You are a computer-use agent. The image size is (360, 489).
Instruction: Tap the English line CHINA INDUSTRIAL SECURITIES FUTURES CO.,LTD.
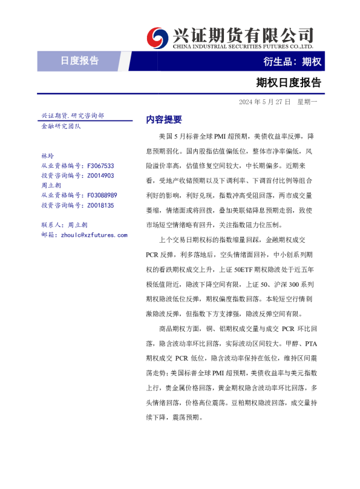pyautogui.click(x=243, y=46)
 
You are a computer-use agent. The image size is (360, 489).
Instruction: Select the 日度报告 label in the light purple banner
pyautogui.click(x=80, y=61)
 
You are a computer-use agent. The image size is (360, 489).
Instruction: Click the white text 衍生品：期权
pyautogui.click(x=292, y=61)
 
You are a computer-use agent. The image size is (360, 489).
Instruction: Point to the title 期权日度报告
pyautogui.click(x=289, y=82)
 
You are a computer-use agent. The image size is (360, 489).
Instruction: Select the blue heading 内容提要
pyautogui.click(x=164, y=119)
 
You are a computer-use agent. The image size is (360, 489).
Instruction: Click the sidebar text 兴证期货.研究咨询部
pyautogui.click(x=72, y=116)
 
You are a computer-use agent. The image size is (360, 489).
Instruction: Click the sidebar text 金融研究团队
pyautogui.click(x=61, y=126)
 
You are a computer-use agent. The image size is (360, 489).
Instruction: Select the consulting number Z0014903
pyautogui.click(x=100, y=176)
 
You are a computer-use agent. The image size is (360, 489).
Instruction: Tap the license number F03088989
pyautogui.click(x=102, y=195)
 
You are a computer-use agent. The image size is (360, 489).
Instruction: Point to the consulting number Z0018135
pyautogui.click(x=100, y=206)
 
